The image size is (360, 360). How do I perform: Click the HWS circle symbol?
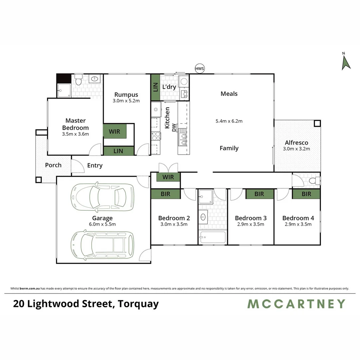click(200, 69)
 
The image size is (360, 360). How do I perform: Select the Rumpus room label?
click(126, 95)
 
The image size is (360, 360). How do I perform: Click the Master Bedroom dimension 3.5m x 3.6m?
click(75, 134)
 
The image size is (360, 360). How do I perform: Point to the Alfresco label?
click(297, 143)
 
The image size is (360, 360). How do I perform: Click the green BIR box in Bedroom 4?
click(306, 194)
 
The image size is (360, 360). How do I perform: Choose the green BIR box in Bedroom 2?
click(165, 194)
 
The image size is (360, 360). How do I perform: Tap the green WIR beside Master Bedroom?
click(115, 131)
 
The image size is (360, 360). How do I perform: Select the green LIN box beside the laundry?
click(155, 87)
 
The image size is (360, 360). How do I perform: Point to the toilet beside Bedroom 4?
click(313, 181)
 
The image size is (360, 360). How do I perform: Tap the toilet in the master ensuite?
click(79, 80)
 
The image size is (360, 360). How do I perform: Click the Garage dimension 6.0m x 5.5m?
click(103, 224)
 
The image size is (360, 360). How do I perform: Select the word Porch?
click(53, 165)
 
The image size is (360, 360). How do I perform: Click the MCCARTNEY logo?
click(296, 304)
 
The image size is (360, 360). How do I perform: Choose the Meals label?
click(229, 94)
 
